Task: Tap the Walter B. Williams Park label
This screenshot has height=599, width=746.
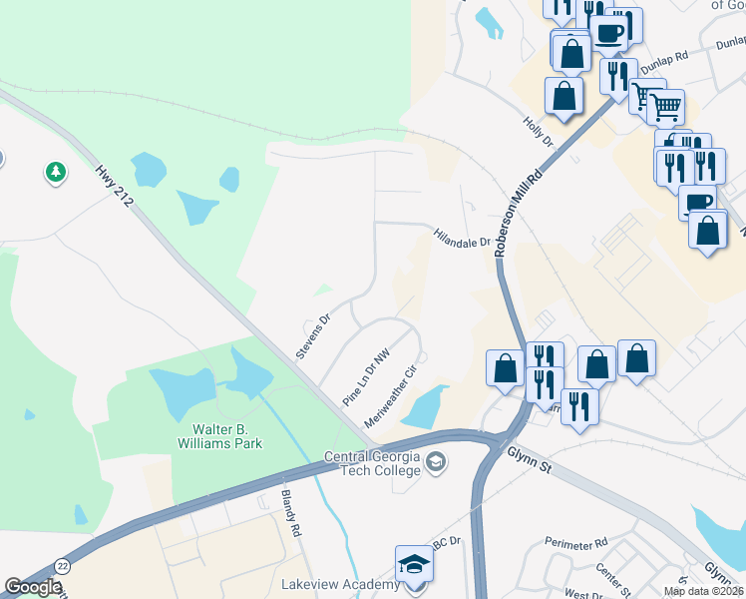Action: [x=212, y=436]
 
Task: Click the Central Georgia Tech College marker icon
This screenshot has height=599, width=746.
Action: [x=435, y=462]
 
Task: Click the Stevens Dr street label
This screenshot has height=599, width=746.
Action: [x=312, y=337]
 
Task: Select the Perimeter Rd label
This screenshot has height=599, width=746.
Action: [x=575, y=543]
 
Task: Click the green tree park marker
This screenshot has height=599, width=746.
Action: [x=56, y=173]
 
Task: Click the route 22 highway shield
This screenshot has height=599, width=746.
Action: [x=62, y=566]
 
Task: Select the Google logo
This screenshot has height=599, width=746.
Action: [x=32, y=587]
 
